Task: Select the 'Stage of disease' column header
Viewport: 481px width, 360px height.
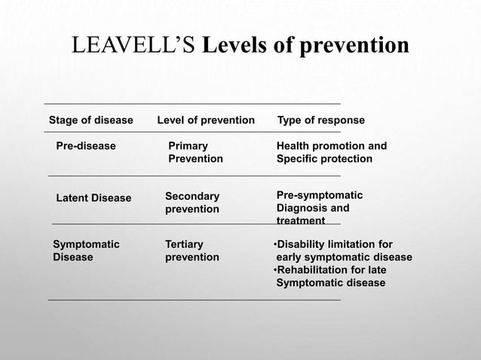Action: pos(90,121)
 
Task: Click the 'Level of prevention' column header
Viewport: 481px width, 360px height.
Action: pos(205,121)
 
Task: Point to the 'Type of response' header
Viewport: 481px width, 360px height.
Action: pos(321,121)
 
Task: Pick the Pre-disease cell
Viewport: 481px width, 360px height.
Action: pos(86,146)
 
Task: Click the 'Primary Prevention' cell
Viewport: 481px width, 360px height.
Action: pos(195,152)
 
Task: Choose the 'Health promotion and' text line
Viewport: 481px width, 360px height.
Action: pos(332,146)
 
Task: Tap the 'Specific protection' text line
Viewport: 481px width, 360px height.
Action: pos(325,159)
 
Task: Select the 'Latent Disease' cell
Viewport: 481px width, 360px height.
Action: pos(93,198)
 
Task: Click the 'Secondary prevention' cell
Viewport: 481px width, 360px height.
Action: pos(192,202)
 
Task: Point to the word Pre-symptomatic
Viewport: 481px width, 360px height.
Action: pos(320,194)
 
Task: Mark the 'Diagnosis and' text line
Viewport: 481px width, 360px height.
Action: pos(313,208)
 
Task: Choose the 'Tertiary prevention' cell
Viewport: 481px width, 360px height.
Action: pos(191,251)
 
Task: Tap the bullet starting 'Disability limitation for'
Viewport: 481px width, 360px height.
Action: pos(332,245)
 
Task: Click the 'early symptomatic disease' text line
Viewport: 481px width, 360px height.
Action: pos(344,258)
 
